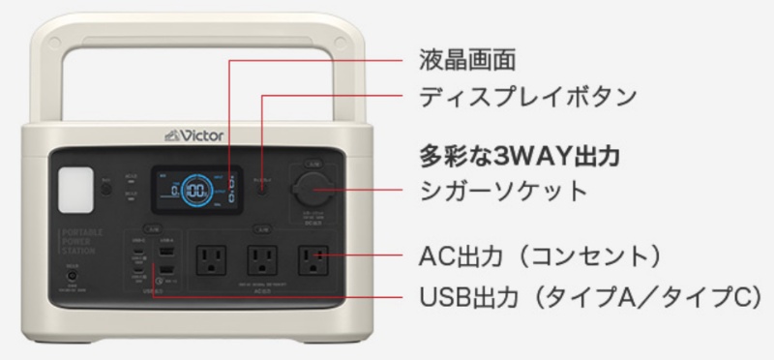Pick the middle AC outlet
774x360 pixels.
coord(259,259)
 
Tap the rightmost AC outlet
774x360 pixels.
coord(311,259)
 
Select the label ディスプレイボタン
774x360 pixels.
coord(526,97)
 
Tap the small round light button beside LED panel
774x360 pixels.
coord(104,182)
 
